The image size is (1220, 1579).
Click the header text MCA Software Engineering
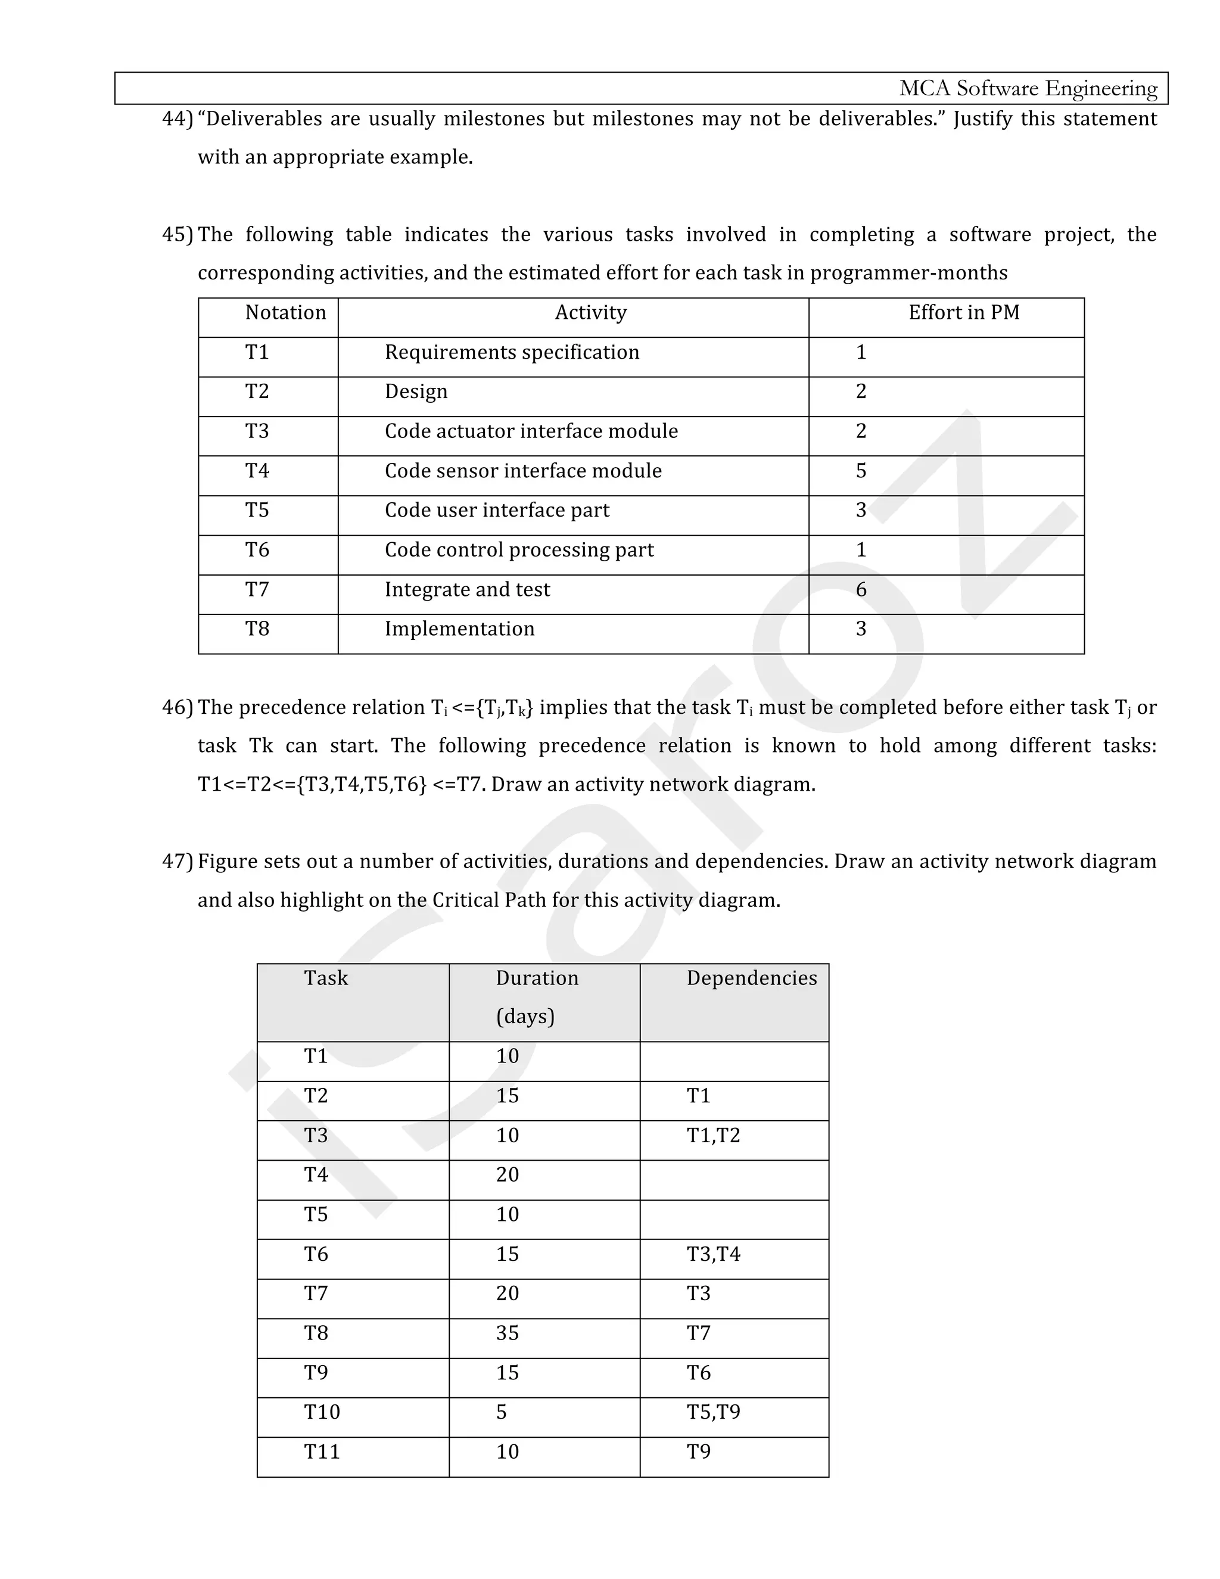click(1027, 88)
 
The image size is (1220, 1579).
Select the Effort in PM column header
click(963, 312)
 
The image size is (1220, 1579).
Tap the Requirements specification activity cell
click(512, 352)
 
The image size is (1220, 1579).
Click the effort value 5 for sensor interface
click(861, 471)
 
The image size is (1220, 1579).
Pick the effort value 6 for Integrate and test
click(861, 589)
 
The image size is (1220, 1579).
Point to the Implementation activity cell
click(460, 629)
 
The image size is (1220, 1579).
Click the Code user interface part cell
click(497, 511)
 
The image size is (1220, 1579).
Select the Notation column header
click(285, 312)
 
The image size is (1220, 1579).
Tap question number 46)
click(177, 707)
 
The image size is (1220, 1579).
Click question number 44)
click(177, 119)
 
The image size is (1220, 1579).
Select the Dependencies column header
click(752, 978)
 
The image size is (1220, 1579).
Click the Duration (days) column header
click(536, 996)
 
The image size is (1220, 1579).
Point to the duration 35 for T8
click(508, 1332)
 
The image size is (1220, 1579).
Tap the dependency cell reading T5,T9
click(713, 1412)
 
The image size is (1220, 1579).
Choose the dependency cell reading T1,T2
click(713, 1135)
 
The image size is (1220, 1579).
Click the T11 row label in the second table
click(322, 1451)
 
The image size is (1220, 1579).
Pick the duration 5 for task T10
click(502, 1412)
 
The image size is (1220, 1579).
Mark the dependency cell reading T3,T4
click(713, 1254)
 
